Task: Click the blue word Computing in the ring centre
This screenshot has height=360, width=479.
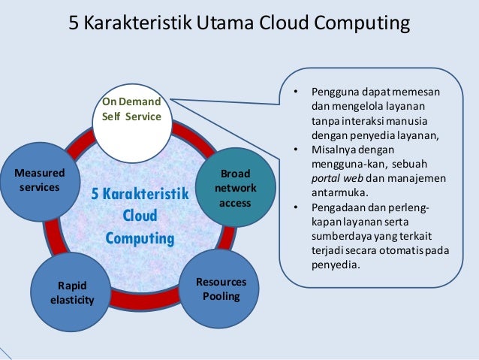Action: pyautogui.click(x=140, y=239)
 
